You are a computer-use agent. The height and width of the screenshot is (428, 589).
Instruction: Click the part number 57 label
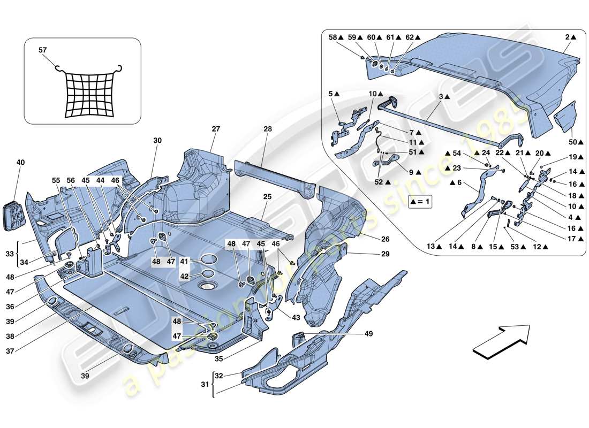tap(43, 50)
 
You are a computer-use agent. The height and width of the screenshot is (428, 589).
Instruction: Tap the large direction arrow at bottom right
tap(501, 339)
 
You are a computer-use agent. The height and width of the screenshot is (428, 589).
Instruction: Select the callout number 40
tap(20, 162)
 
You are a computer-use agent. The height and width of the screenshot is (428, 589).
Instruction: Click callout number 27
tap(215, 129)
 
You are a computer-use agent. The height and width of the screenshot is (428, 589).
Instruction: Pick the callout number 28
tap(268, 129)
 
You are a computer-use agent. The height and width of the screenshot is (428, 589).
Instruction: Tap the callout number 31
tap(204, 385)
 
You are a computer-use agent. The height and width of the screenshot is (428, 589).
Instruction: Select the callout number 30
tap(157, 140)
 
